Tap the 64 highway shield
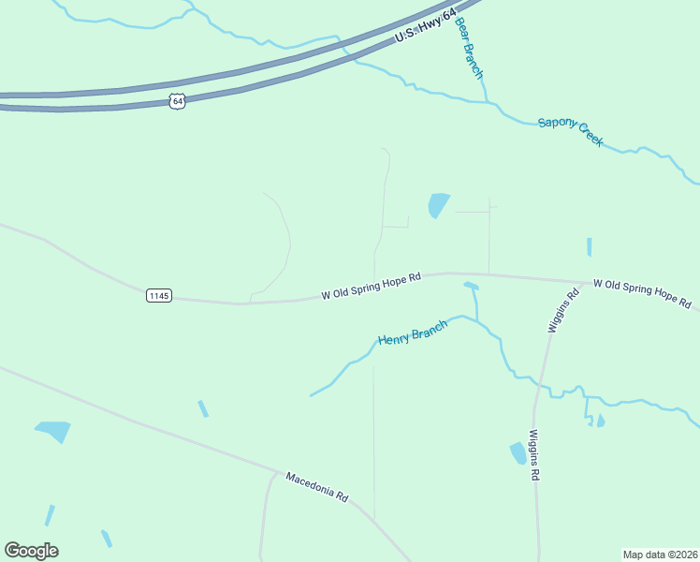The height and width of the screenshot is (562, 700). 178,100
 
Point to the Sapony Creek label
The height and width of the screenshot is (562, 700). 570,132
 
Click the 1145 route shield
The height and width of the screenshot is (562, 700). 159,295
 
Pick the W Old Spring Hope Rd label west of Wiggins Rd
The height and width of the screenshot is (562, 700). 372,286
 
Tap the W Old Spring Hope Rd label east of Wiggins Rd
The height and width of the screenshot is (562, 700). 641,293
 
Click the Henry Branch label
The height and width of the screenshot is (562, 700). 412,333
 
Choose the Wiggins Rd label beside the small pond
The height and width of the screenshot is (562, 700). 534,455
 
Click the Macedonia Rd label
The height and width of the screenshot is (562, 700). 316,487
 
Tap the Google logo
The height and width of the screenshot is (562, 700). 31,551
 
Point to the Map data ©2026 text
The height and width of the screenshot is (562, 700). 660,554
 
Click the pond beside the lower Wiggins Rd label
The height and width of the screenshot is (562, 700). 518,453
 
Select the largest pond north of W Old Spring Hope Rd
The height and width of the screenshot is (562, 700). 438,204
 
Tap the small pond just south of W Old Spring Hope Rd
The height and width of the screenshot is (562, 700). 471,286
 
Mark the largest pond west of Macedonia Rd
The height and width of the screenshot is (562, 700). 53,431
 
